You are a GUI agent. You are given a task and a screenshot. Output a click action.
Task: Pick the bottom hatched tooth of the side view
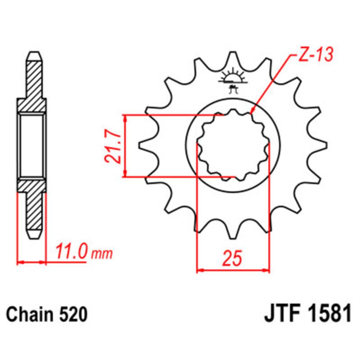pos(35,212)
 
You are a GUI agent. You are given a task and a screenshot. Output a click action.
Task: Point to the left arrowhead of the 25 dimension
pos(199,270)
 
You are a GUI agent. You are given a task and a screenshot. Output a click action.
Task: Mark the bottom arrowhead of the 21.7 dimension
pos(125,174)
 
